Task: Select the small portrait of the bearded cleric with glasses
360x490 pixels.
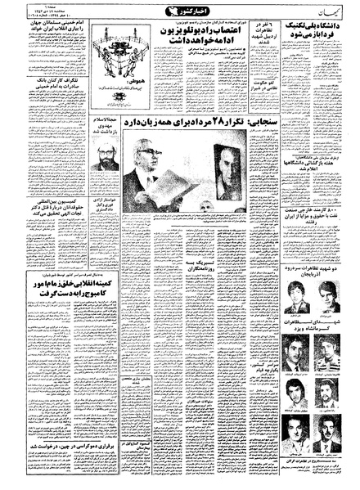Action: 103,156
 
